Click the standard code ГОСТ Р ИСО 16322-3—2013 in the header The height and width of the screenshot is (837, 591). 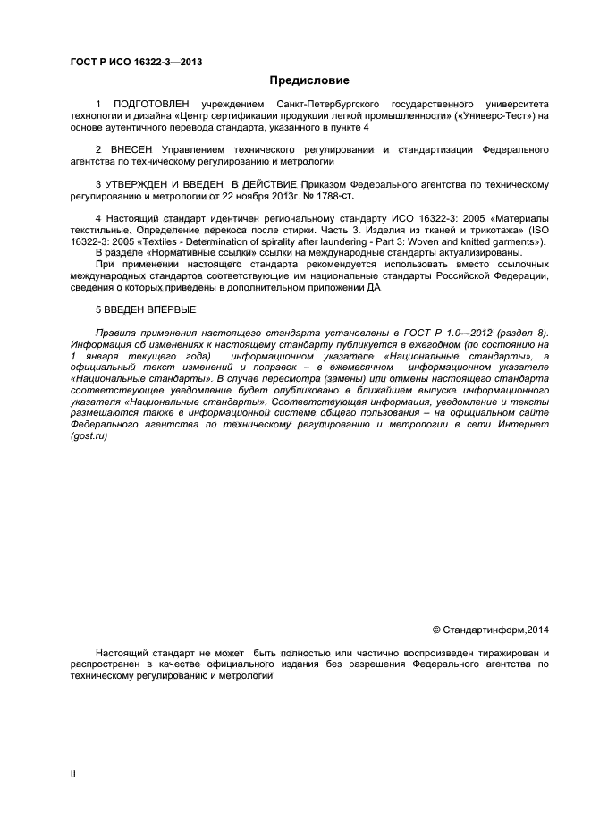tap(135, 61)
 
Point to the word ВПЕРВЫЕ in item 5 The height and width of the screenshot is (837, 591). tap(163, 309)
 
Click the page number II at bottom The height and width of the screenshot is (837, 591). tap(73, 774)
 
